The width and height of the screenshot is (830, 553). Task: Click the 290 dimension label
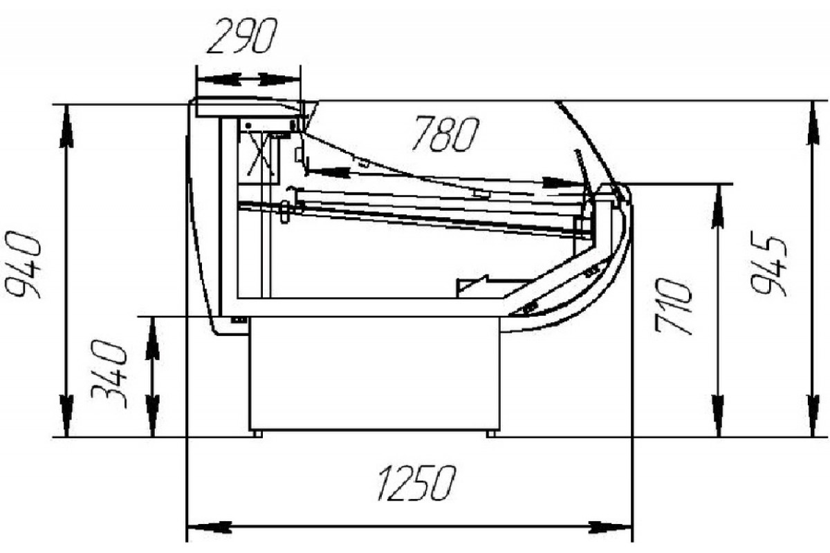click(x=242, y=37)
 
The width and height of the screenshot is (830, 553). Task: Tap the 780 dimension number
click(x=445, y=134)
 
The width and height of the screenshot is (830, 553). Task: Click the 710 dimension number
click(x=673, y=306)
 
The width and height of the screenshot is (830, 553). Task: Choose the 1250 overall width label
click(x=416, y=483)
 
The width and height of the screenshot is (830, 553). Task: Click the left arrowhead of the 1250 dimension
click(x=210, y=527)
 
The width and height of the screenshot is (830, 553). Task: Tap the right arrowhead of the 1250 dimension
click(x=610, y=527)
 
